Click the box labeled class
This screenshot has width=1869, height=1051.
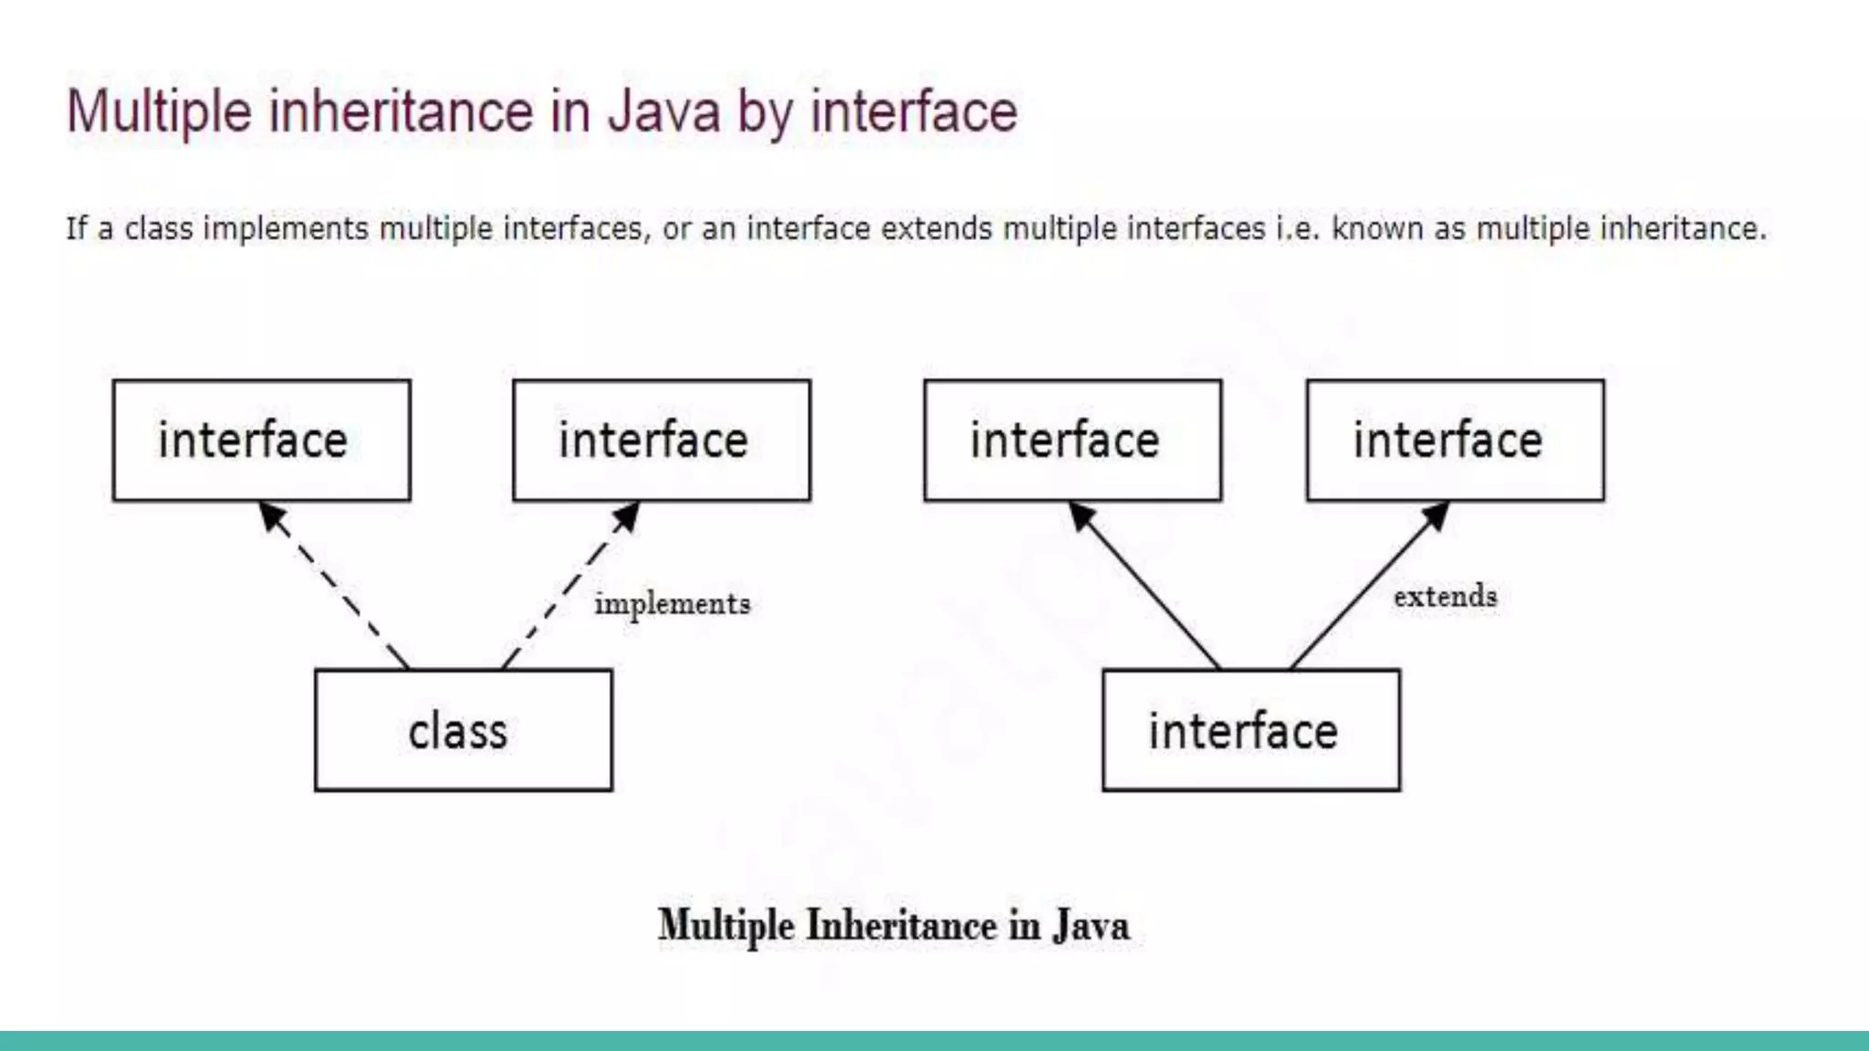click(463, 730)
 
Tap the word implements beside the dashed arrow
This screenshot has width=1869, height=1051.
click(672, 604)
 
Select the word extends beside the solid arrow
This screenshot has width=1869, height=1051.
click(1445, 597)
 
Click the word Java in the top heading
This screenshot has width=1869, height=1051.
click(664, 111)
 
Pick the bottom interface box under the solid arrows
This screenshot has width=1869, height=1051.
click(1250, 730)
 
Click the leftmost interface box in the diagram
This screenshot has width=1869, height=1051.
click(261, 440)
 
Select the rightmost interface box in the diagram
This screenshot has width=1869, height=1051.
click(1455, 440)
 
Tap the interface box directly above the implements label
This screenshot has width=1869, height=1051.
click(661, 440)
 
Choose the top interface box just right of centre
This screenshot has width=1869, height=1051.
click(1072, 440)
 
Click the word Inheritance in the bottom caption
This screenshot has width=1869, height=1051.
click(902, 925)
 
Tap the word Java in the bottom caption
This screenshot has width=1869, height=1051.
click(1091, 925)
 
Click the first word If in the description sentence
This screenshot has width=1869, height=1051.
click(76, 228)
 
